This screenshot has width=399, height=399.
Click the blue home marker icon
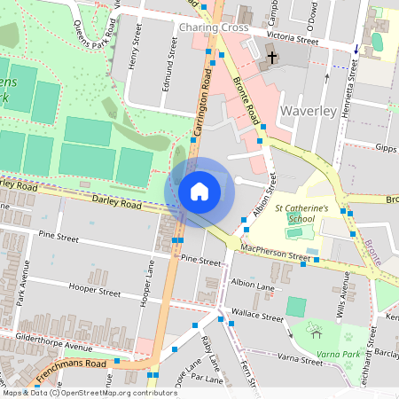(199, 191)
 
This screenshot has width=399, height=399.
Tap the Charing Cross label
(213, 27)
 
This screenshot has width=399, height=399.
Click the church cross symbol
(270, 58)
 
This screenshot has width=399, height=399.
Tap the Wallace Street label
(256, 317)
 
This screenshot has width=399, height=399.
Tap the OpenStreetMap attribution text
(77, 392)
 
